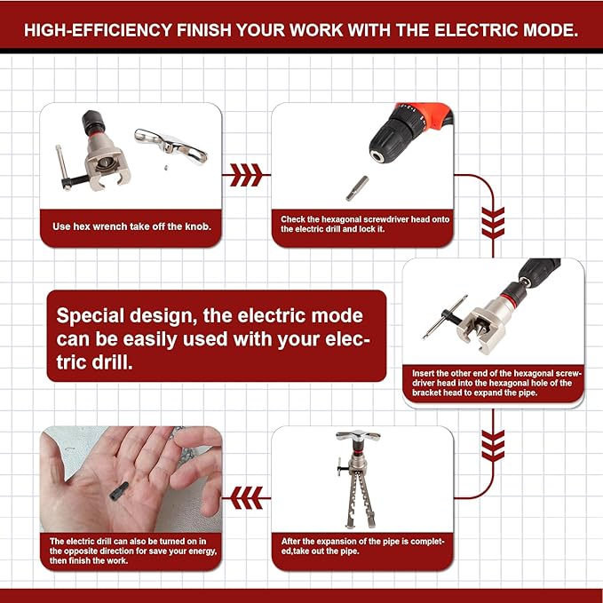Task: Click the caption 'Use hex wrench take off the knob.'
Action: click(131, 226)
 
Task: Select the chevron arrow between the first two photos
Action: click(246, 174)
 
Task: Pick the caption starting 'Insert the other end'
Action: click(497, 384)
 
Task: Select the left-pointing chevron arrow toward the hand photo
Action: click(246, 495)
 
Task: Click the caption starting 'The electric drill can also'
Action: click(131, 550)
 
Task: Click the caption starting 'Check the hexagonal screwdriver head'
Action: click(362, 224)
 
